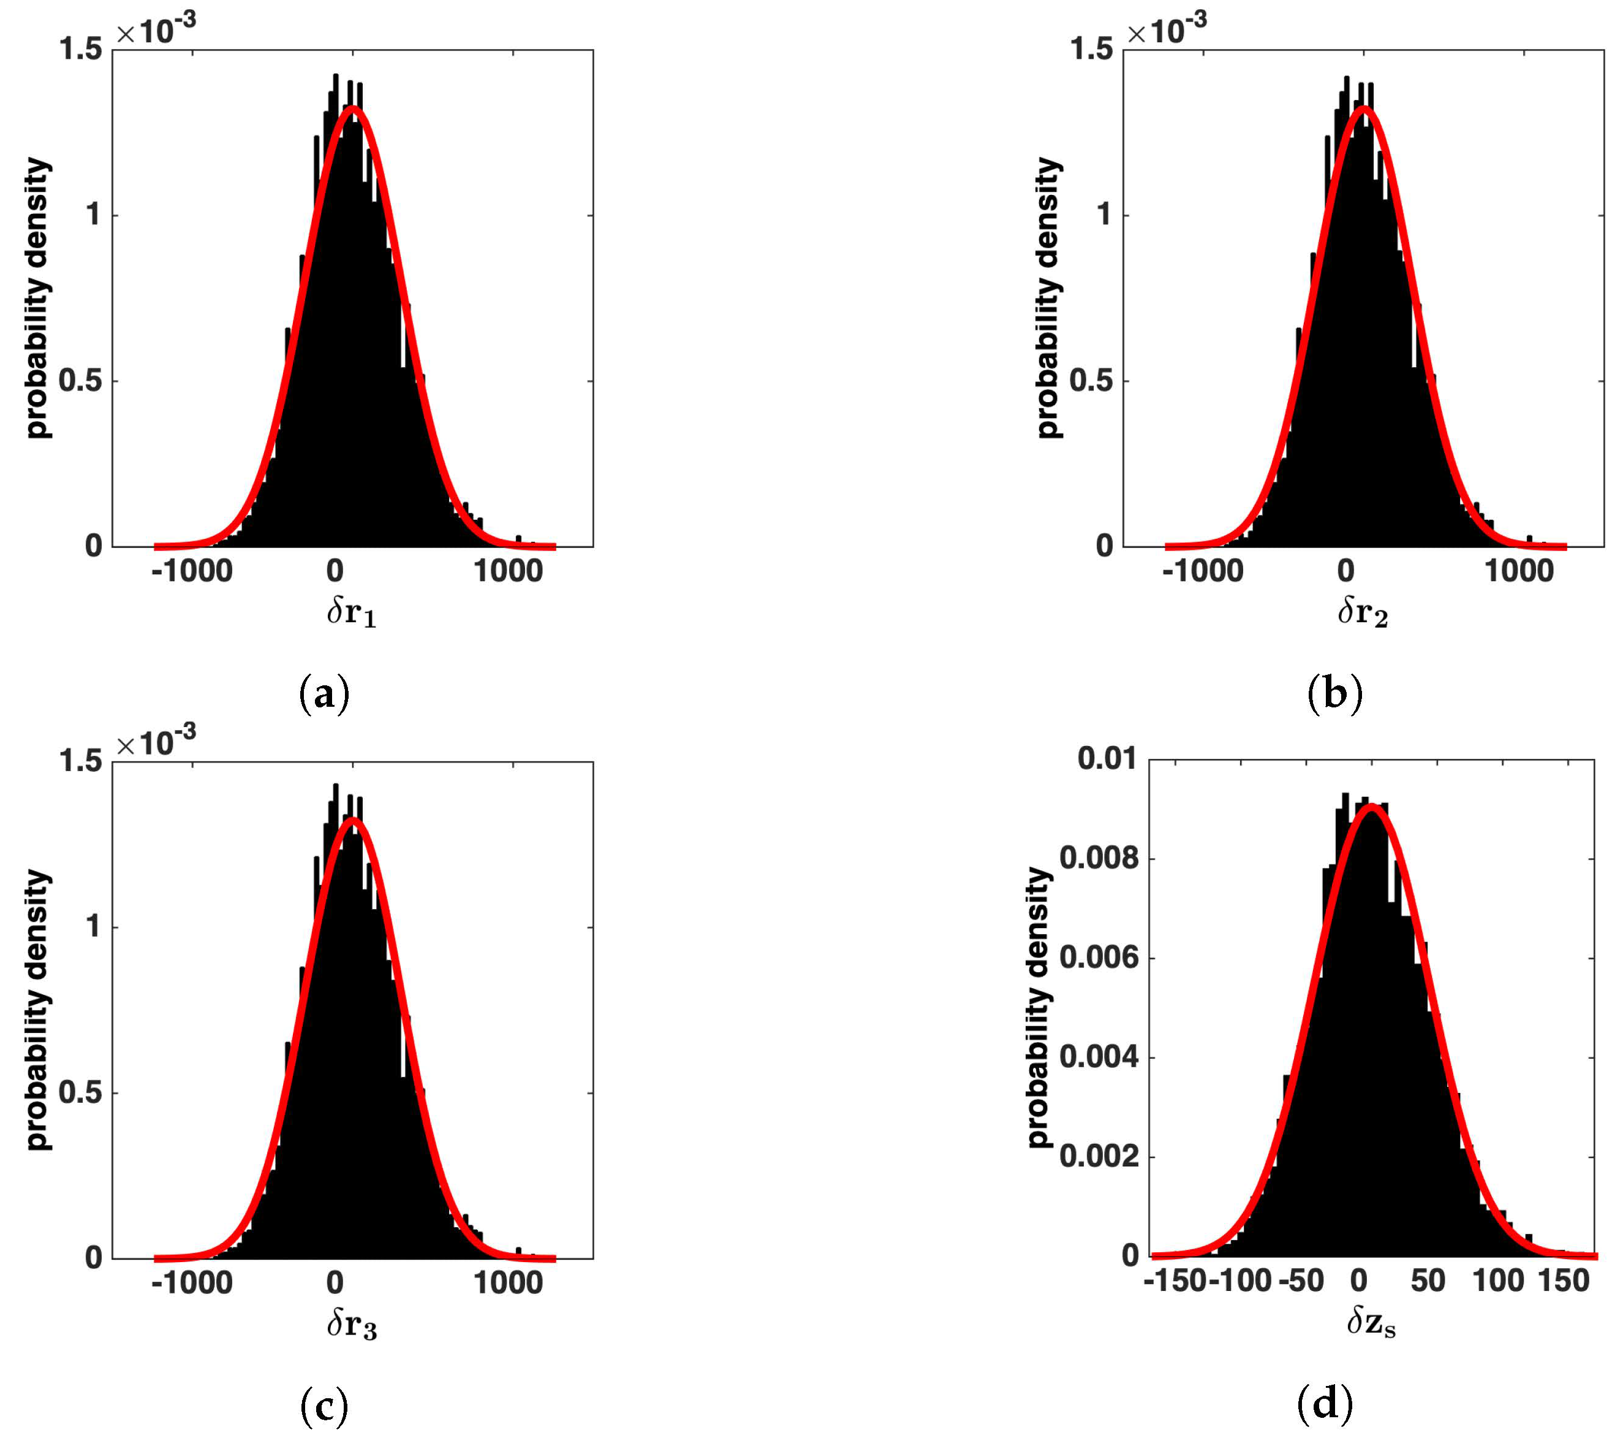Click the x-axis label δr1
pos(352,613)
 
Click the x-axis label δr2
pos(1362,613)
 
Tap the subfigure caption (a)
pos(324,695)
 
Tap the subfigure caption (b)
pos(1334,695)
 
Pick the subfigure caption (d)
pos(1324,1405)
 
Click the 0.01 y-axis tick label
pos(1107,759)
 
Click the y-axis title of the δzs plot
pos(1040,1007)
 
